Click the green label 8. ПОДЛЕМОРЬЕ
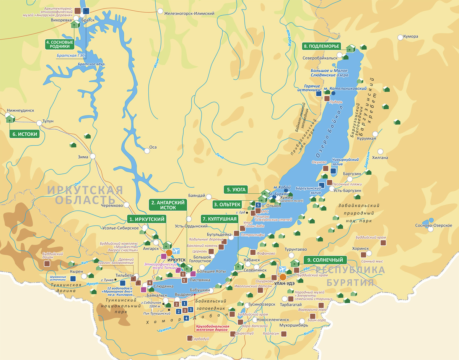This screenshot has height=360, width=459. [x=321, y=46]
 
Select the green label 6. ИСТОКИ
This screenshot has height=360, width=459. [x=25, y=134]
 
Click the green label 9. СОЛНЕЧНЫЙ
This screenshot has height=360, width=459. [x=325, y=260]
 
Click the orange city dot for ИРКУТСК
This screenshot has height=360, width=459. [x=169, y=253]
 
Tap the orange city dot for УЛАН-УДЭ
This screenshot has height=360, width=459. [x=283, y=277]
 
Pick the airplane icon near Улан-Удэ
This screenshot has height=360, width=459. [x=283, y=269]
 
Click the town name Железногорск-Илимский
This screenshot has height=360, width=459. [x=189, y=14]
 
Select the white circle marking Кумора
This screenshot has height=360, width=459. [x=400, y=37]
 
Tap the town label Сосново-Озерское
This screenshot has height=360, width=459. [x=434, y=225]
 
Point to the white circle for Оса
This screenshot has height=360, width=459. [x=147, y=151]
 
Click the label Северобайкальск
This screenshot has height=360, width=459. [x=320, y=58]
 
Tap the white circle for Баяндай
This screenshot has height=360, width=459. [x=209, y=197]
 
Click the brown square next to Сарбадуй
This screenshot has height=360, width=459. [x=190, y=338]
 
